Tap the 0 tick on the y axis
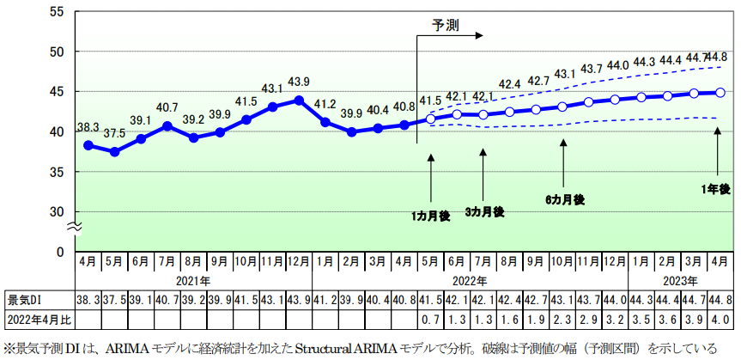[x=60, y=252]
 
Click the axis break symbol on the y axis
[x=75, y=227]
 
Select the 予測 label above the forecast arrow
[x=445, y=25]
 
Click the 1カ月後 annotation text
[x=430, y=216]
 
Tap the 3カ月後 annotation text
[x=483, y=211]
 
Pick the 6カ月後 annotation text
[x=564, y=199]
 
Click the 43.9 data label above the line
[x=299, y=82]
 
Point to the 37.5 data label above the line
[x=114, y=133]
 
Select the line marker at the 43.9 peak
[x=299, y=100]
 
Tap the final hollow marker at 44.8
[x=720, y=93]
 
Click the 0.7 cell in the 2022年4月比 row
[x=430, y=319]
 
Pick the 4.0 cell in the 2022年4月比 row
[x=720, y=319]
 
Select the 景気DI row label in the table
[x=25, y=300]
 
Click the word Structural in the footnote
[x=331, y=349]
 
